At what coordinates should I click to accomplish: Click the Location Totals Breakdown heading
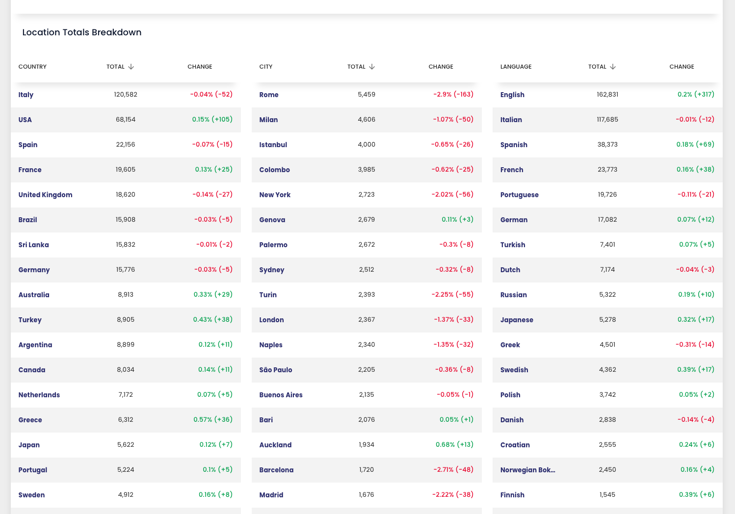click(x=82, y=32)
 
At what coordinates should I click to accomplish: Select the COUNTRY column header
click(x=32, y=67)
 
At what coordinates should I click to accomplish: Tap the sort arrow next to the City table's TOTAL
click(x=372, y=67)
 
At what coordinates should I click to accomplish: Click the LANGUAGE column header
click(x=516, y=67)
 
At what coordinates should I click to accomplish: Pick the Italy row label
click(x=26, y=95)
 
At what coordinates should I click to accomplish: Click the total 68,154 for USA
click(x=126, y=119)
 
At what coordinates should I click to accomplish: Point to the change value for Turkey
click(x=213, y=319)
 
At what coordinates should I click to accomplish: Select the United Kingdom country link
click(x=45, y=195)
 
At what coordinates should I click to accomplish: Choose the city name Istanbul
click(x=273, y=145)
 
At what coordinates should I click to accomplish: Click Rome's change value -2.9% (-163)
click(x=453, y=95)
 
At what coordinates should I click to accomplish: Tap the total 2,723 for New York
click(x=367, y=195)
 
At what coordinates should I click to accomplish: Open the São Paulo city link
click(x=276, y=370)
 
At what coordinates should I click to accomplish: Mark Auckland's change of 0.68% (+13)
click(x=455, y=444)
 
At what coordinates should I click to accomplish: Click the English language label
click(x=512, y=95)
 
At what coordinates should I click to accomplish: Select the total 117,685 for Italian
click(x=607, y=119)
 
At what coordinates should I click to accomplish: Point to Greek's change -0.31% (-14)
click(x=695, y=344)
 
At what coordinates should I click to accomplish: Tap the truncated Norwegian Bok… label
click(x=527, y=470)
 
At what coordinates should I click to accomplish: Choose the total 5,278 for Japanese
click(x=607, y=319)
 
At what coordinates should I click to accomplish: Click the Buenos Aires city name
click(x=281, y=395)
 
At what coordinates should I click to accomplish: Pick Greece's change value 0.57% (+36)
click(x=213, y=419)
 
